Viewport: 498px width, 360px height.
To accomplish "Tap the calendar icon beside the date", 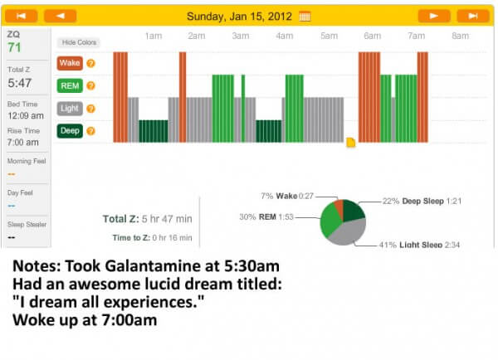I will [305, 16].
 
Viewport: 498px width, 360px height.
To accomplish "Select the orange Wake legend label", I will [68, 63].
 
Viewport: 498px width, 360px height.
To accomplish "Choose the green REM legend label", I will [68, 85].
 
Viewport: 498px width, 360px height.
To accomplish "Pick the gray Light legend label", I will [68, 108].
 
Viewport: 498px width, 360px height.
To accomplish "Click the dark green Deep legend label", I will [68, 130].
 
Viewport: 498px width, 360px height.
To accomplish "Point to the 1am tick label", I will [153, 36].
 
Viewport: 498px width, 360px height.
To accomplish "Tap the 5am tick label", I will [329, 36].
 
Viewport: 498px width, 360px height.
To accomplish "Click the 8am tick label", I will [460, 36].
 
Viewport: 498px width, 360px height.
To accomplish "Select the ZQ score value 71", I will [15, 47].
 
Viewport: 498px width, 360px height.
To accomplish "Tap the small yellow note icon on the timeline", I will [350, 143].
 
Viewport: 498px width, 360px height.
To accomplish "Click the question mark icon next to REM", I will [91, 85].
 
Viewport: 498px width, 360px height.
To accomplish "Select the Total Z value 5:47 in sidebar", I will [20, 83].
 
